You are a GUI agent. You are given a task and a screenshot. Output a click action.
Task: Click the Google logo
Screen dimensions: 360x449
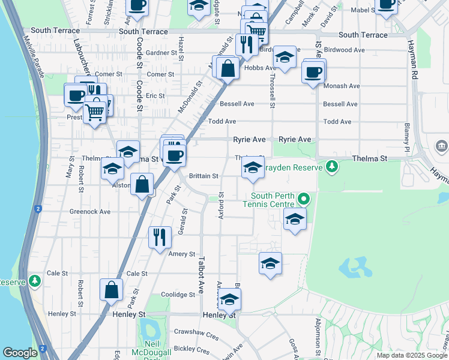[20, 353]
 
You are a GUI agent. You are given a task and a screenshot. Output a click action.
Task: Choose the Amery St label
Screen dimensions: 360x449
[182, 254]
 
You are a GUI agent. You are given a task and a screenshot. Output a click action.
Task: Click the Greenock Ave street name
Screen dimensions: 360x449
[90, 212]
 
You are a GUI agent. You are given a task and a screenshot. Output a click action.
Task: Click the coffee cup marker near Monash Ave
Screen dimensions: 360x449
[313, 73]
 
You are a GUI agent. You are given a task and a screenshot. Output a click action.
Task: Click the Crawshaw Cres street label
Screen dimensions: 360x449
[196, 331]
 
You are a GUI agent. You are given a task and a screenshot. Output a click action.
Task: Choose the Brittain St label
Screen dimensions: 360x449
[203, 176]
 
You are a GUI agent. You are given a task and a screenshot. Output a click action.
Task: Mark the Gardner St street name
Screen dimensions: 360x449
[159, 53]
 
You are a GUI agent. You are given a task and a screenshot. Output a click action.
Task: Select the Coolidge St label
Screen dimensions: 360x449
[178, 295]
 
